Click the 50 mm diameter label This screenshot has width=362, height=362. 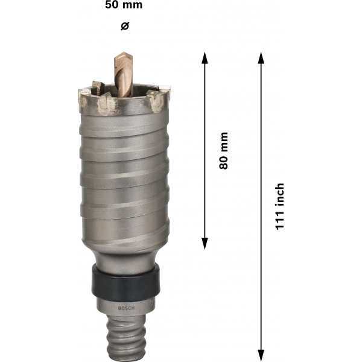point(124,5)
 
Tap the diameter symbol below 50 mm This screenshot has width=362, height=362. point(125,26)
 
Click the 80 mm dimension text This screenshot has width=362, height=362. point(223,151)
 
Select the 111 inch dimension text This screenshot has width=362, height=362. point(279,206)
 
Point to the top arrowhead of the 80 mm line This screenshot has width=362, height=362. point(205,58)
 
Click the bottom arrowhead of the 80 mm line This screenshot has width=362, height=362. point(205,244)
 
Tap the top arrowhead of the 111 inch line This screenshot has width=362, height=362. point(261,58)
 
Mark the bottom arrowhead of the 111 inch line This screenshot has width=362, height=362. point(261,355)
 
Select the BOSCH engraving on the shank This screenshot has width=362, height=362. point(126,308)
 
